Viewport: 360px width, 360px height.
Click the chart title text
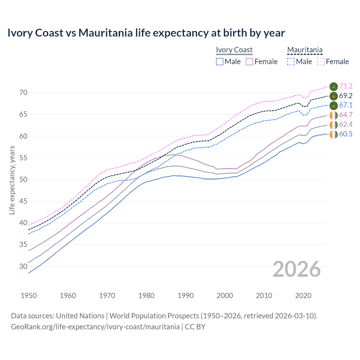point(146,33)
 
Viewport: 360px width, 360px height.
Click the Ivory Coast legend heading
point(234,50)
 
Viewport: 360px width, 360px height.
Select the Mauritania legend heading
point(305,50)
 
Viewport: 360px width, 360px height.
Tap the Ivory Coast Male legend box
point(220,62)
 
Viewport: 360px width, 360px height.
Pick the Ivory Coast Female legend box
point(249,62)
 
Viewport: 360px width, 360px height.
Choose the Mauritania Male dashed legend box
point(291,62)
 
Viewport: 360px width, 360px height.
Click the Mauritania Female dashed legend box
point(321,62)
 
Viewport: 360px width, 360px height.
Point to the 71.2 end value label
point(346,86)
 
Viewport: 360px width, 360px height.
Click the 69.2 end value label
point(346,96)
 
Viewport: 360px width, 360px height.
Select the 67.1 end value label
point(346,105)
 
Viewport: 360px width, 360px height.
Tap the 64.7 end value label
point(346,115)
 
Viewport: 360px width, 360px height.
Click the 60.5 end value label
point(346,134)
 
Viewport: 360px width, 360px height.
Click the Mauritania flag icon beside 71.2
point(334,86)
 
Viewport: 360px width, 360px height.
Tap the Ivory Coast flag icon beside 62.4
point(334,125)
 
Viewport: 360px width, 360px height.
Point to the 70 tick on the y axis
point(24,93)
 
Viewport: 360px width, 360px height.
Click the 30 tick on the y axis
point(24,266)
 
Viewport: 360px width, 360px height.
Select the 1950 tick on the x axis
point(29,296)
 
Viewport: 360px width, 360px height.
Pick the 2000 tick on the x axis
point(225,296)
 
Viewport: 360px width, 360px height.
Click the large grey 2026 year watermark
point(296,269)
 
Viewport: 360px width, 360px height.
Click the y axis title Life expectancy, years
point(12,180)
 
